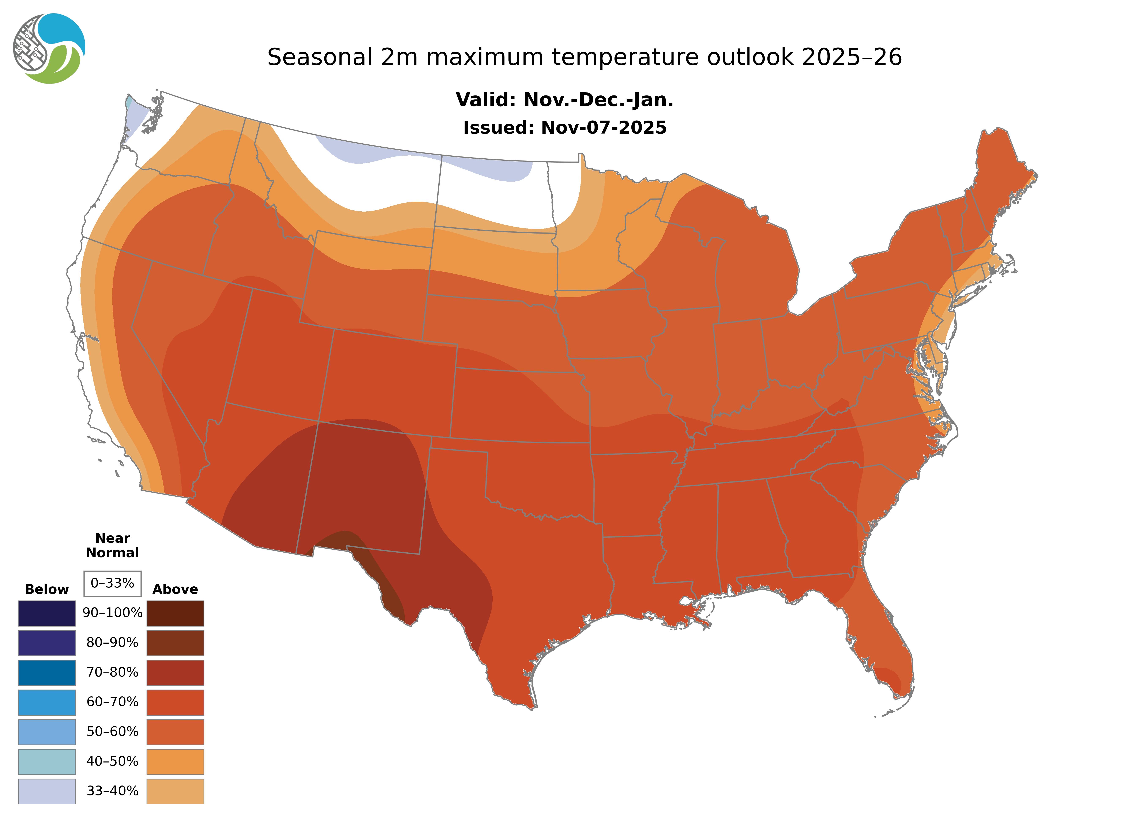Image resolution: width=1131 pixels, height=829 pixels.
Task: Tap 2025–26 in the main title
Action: click(852, 57)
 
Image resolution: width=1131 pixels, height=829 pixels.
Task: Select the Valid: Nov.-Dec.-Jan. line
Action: click(564, 100)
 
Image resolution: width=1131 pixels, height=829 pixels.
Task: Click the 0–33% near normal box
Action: click(112, 583)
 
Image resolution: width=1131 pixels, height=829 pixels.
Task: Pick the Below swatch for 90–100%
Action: click(47, 613)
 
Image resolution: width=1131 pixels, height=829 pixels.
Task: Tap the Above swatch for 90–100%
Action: click(175, 613)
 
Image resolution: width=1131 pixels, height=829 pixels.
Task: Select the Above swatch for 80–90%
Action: click(175, 643)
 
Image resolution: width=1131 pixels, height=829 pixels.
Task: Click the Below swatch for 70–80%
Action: click(47, 673)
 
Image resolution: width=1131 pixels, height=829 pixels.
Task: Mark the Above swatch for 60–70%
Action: click(175, 702)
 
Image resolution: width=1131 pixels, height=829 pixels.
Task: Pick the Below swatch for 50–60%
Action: click(47, 732)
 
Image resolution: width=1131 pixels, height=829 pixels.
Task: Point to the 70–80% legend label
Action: click(112, 673)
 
